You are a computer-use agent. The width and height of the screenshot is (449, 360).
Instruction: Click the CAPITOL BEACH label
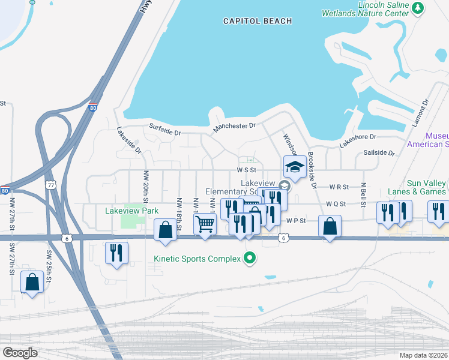tap(258, 21)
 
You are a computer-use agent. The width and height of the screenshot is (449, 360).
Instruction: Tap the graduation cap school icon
tap(294, 167)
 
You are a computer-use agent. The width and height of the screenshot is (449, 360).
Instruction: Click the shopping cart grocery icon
tap(205, 224)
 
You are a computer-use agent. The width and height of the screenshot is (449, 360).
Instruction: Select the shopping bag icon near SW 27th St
tap(32, 282)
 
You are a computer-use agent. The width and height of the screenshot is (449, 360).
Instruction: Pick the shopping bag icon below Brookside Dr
tap(330, 226)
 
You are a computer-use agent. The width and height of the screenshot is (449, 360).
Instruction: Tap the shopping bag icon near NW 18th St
tap(166, 230)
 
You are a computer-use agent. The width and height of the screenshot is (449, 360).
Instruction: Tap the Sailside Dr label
tap(379, 153)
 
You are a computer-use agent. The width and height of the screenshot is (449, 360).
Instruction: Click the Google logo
tap(20, 352)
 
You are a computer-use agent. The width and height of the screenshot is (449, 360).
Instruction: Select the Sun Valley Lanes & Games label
tap(417, 187)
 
